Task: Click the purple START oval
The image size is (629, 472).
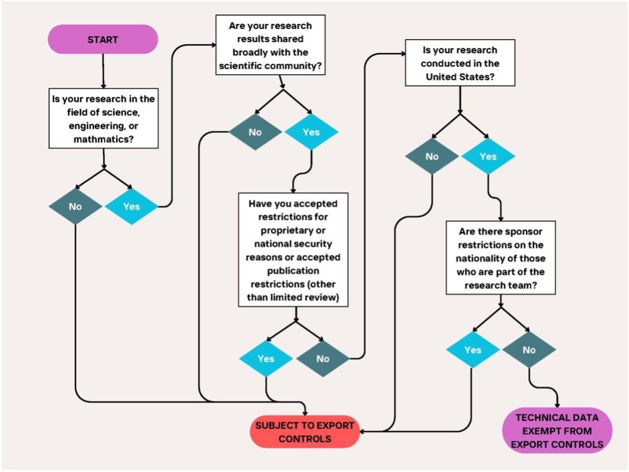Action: point(103,39)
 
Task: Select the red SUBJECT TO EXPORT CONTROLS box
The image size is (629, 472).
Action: point(305,432)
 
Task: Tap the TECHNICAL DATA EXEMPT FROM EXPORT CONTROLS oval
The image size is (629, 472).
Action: point(557,431)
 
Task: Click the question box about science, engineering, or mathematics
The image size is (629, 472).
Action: point(104,118)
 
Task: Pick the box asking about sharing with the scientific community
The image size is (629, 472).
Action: point(270,45)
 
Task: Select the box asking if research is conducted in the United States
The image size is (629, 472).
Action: point(460,63)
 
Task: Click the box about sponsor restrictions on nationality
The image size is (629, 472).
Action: point(500,257)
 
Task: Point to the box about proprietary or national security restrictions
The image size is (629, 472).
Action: point(293,250)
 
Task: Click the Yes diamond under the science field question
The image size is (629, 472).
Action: point(131,206)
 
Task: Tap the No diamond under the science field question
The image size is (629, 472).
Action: point(75,206)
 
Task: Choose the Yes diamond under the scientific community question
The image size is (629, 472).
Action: point(311,132)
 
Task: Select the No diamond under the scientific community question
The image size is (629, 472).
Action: point(255,132)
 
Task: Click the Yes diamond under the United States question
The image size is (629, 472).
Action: point(488,156)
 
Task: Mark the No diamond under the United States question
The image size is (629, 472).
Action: point(432,156)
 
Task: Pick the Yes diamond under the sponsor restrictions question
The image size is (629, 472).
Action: point(473,350)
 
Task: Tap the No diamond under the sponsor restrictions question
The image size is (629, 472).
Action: point(529,350)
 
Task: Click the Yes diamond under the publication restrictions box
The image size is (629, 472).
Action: point(266,358)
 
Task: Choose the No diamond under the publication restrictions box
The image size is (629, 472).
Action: point(323,358)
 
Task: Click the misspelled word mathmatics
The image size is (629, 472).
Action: point(104,139)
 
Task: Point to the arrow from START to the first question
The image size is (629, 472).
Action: point(103,71)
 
